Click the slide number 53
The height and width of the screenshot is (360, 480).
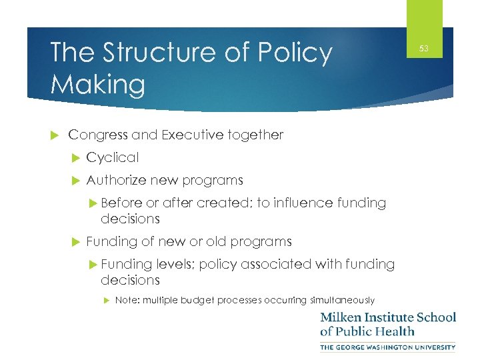424,49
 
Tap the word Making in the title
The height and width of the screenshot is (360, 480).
97,85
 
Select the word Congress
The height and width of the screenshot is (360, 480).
98,135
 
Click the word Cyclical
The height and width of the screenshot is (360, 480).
113,158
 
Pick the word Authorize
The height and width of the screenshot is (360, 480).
117,180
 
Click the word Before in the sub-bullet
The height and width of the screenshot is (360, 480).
121,203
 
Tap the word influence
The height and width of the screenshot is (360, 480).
305,203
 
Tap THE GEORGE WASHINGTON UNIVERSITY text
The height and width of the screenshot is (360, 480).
388,347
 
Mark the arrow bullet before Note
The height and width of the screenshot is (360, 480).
107,301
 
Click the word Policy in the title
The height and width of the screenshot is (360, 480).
294,53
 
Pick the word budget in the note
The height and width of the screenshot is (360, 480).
196,300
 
